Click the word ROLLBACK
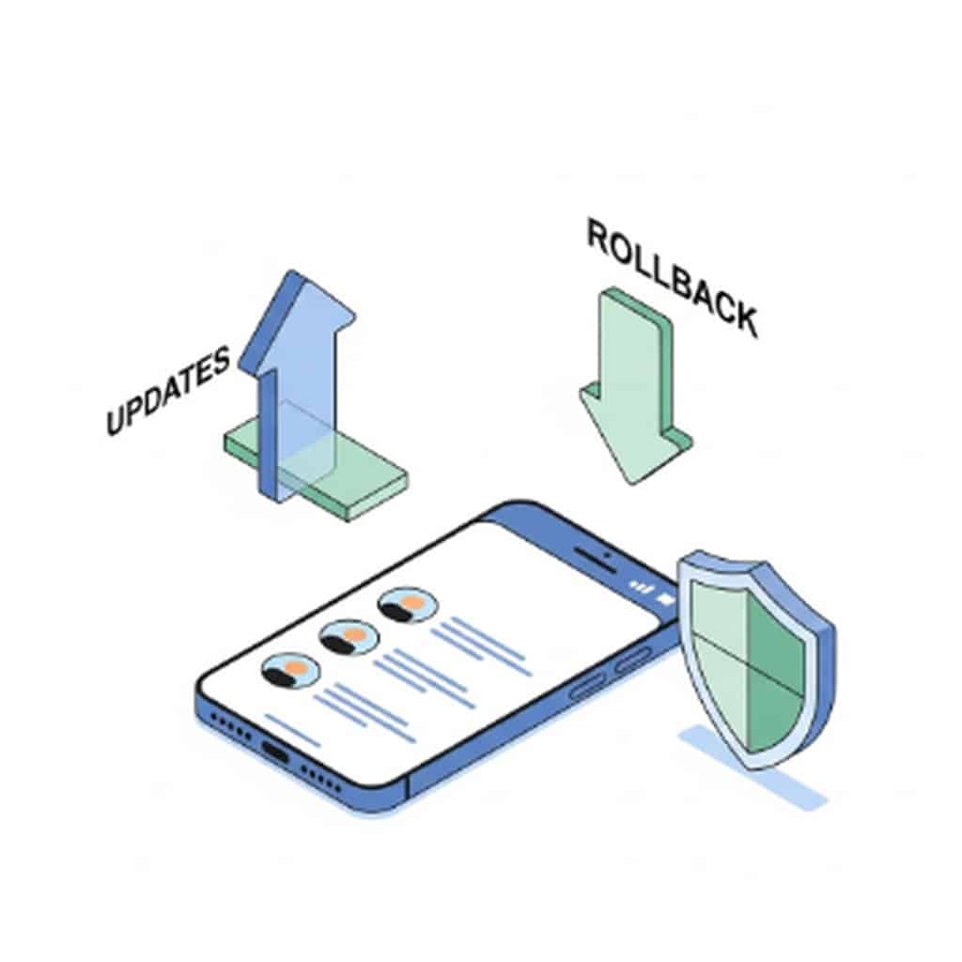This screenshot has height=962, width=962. click(x=671, y=276)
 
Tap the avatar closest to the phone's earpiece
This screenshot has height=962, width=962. click(x=407, y=605)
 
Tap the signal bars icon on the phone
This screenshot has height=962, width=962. click(x=642, y=587)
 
